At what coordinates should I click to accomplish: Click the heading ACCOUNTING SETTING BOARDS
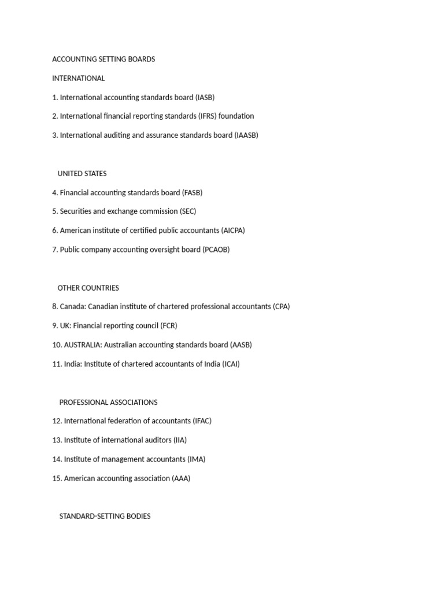point(103,59)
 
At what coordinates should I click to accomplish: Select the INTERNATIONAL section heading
point(79,78)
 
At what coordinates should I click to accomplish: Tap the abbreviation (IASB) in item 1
point(205,97)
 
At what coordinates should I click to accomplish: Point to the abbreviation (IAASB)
point(246,135)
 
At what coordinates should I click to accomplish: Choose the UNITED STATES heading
point(82,173)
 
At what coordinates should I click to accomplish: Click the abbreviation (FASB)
point(192,192)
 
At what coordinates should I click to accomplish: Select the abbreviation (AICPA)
point(233,230)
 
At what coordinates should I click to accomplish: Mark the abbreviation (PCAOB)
point(216,250)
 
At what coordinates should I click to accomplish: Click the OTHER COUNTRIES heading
point(88,288)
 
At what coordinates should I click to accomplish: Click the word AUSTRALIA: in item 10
point(83,345)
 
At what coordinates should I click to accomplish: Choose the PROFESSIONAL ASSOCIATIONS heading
point(108,402)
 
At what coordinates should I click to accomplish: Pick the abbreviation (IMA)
point(196,459)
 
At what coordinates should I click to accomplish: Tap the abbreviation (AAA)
point(181,478)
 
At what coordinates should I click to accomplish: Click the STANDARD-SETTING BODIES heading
point(105,516)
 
